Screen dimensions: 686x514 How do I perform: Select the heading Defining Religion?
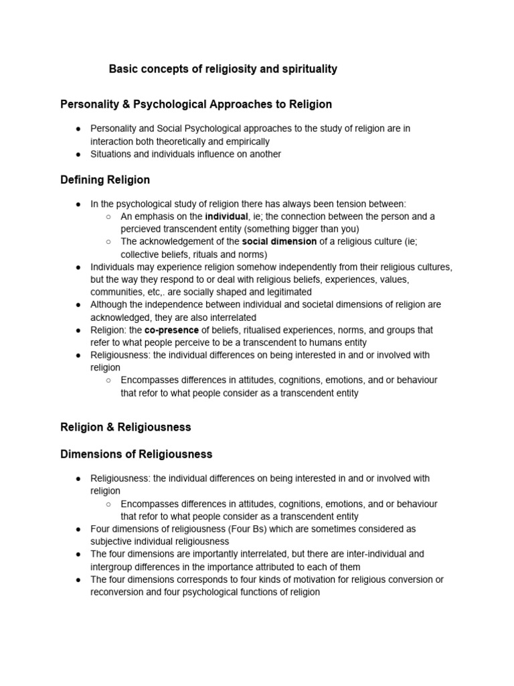pos(105,180)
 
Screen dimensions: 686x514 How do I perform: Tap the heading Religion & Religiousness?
pos(126,427)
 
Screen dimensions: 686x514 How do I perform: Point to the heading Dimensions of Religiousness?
pos(137,454)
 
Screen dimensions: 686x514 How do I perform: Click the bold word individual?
pos(226,216)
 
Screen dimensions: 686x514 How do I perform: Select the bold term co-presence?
pos(171,330)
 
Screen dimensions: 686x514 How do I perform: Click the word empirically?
pos(245,141)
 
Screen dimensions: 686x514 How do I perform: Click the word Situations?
pos(112,154)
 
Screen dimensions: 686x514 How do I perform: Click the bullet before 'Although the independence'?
pos(78,305)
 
